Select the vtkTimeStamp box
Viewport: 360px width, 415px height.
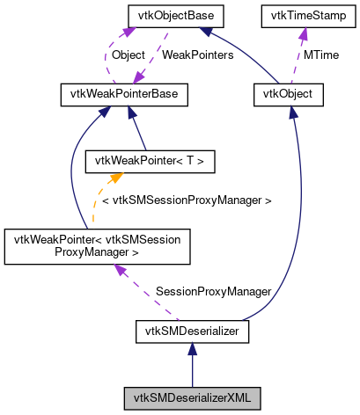point(304,15)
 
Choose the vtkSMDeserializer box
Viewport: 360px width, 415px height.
point(193,331)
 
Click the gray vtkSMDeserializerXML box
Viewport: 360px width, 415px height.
point(193,397)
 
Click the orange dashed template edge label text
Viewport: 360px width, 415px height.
point(186,200)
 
